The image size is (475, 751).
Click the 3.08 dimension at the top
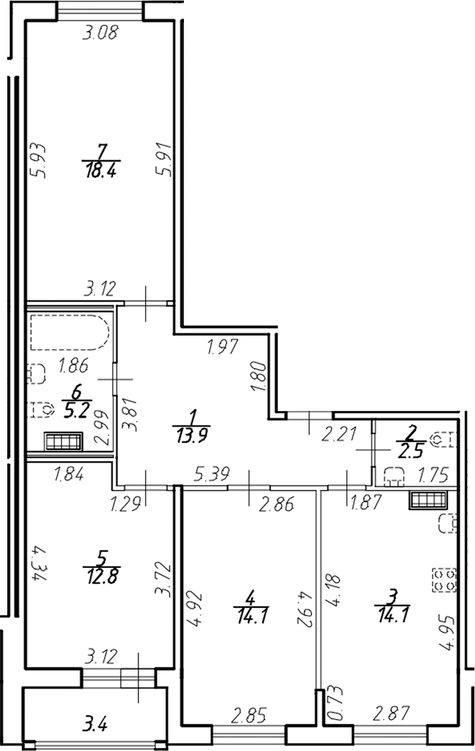(99, 33)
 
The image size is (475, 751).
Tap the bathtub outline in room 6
(70, 332)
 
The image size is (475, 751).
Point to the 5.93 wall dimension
(36, 158)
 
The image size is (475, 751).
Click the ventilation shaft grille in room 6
(64, 441)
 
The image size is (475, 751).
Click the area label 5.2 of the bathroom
(77, 412)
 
